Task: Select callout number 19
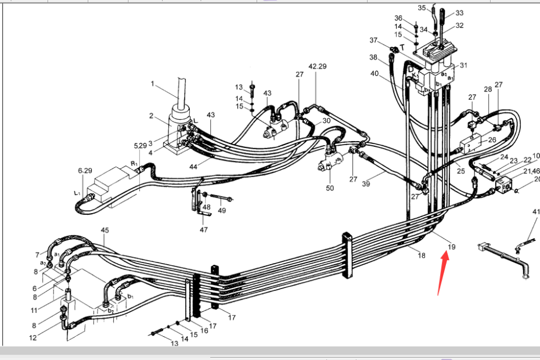click(452, 247)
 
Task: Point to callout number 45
click(105, 231)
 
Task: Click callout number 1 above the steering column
click(153, 84)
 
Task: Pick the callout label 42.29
click(318, 66)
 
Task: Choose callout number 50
click(330, 188)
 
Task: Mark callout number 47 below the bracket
click(203, 230)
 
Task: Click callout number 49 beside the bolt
click(222, 210)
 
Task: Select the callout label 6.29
click(85, 171)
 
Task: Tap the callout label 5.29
click(141, 145)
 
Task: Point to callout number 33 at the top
click(459, 13)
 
